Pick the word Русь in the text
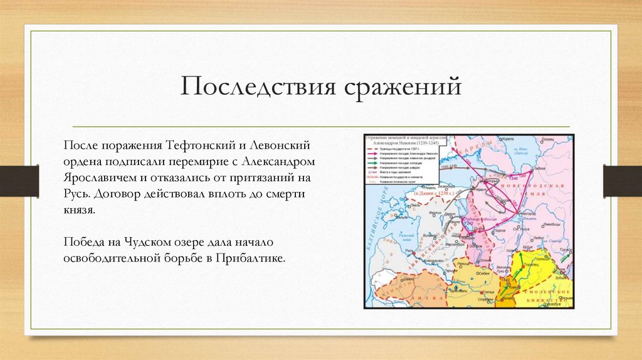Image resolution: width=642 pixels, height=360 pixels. click(76, 194)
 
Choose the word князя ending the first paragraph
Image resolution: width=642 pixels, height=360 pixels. click(79, 210)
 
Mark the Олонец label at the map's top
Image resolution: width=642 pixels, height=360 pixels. click(547, 140)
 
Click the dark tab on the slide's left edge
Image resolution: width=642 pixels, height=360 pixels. click(19, 181)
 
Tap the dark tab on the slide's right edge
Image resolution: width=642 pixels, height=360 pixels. click(622, 181)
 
